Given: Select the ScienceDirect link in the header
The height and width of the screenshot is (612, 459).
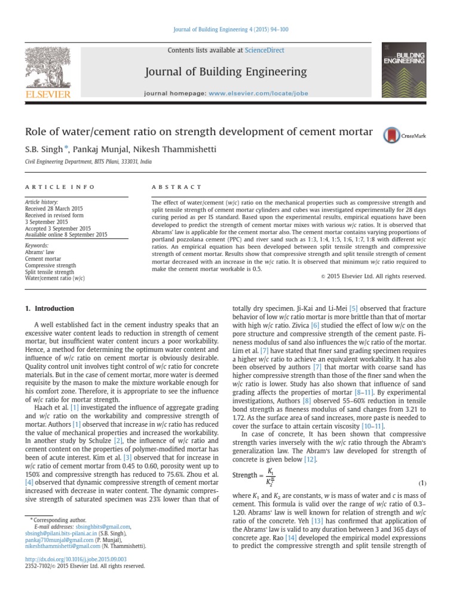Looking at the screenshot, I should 264,51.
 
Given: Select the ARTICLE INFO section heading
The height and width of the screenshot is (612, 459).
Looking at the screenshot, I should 59,187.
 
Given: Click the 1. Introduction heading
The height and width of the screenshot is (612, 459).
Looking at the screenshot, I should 50,308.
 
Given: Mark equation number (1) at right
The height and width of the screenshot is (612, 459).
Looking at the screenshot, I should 421,482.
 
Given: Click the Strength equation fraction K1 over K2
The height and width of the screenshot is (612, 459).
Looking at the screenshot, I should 271,476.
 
